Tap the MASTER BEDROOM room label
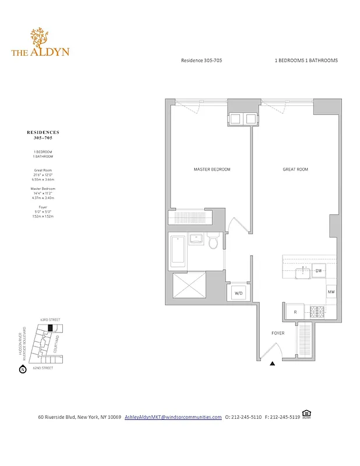211,170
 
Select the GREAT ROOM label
295,170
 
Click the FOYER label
277,334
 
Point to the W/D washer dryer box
238,294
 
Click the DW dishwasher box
318,271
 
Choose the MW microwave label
330,292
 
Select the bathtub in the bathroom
177,249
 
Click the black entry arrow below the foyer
272,363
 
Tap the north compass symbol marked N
23,369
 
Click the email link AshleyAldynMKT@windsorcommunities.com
173,417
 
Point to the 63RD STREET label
50,320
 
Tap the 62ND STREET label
43,368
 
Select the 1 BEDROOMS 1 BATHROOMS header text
306,61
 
